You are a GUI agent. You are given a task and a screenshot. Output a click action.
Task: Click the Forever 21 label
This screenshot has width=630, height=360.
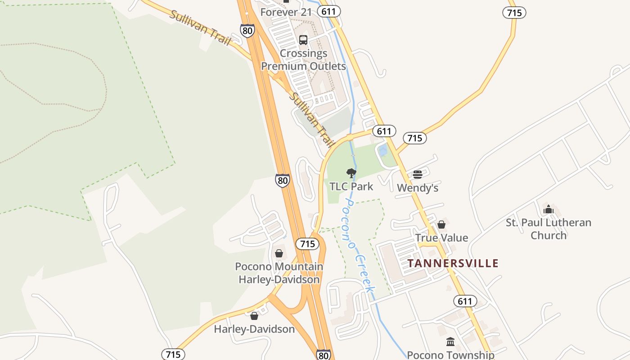click(286, 12)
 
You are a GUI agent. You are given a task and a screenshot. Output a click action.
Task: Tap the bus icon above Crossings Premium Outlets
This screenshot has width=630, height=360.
click(303, 40)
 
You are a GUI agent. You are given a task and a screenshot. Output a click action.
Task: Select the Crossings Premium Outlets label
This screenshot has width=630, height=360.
click(304, 60)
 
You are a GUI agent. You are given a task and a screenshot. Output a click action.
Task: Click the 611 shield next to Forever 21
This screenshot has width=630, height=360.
click(329, 12)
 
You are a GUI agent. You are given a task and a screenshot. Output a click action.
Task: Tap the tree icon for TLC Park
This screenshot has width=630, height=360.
click(351, 173)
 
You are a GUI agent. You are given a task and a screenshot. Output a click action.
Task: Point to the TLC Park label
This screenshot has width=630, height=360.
click(351, 186)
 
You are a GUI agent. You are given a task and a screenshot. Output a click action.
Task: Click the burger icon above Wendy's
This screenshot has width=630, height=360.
click(418, 175)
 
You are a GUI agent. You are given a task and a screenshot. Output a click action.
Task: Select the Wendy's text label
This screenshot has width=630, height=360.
click(418, 188)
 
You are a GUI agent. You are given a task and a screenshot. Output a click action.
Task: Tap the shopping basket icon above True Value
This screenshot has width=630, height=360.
click(441, 225)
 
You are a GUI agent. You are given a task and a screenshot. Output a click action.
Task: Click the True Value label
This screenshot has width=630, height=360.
click(441, 238)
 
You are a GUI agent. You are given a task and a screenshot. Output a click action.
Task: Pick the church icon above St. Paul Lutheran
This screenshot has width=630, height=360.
click(548, 209)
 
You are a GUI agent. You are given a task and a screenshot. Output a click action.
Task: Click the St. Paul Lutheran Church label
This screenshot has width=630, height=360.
click(548, 229)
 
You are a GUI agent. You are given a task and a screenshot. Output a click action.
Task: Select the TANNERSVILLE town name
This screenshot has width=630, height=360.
click(453, 263)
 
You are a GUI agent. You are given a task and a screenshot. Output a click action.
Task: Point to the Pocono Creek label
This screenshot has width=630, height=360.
click(358, 245)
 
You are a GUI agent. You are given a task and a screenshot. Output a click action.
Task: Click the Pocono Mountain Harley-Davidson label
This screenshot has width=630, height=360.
click(279, 273)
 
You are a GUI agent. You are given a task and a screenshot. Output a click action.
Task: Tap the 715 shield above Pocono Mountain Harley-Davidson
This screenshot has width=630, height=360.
click(307, 244)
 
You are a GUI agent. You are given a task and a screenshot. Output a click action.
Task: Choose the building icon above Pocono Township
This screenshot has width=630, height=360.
click(450, 342)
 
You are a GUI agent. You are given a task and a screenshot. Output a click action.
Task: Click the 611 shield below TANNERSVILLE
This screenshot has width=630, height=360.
click(465, 301)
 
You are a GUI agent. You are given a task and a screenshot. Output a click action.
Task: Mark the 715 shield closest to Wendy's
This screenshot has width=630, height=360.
click(414, 138)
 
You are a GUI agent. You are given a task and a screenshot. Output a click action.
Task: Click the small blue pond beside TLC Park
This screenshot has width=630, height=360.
click(383, 150)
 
